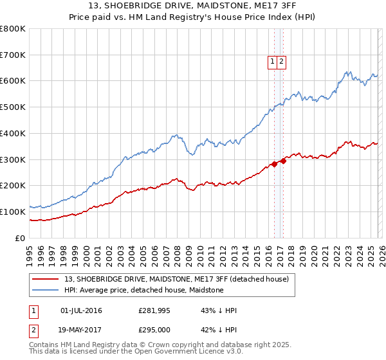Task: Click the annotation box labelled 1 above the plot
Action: coord(273,62)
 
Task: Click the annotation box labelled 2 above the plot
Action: coord(282,62)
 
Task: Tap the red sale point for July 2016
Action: coord(274,163)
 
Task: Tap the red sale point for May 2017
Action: coord(284,160)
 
